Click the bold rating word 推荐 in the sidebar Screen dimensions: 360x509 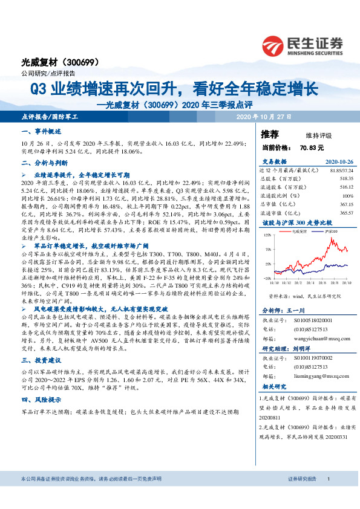(270, 134)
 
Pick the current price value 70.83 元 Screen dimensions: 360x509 (312, 147)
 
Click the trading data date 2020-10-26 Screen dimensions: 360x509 (339, 162)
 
